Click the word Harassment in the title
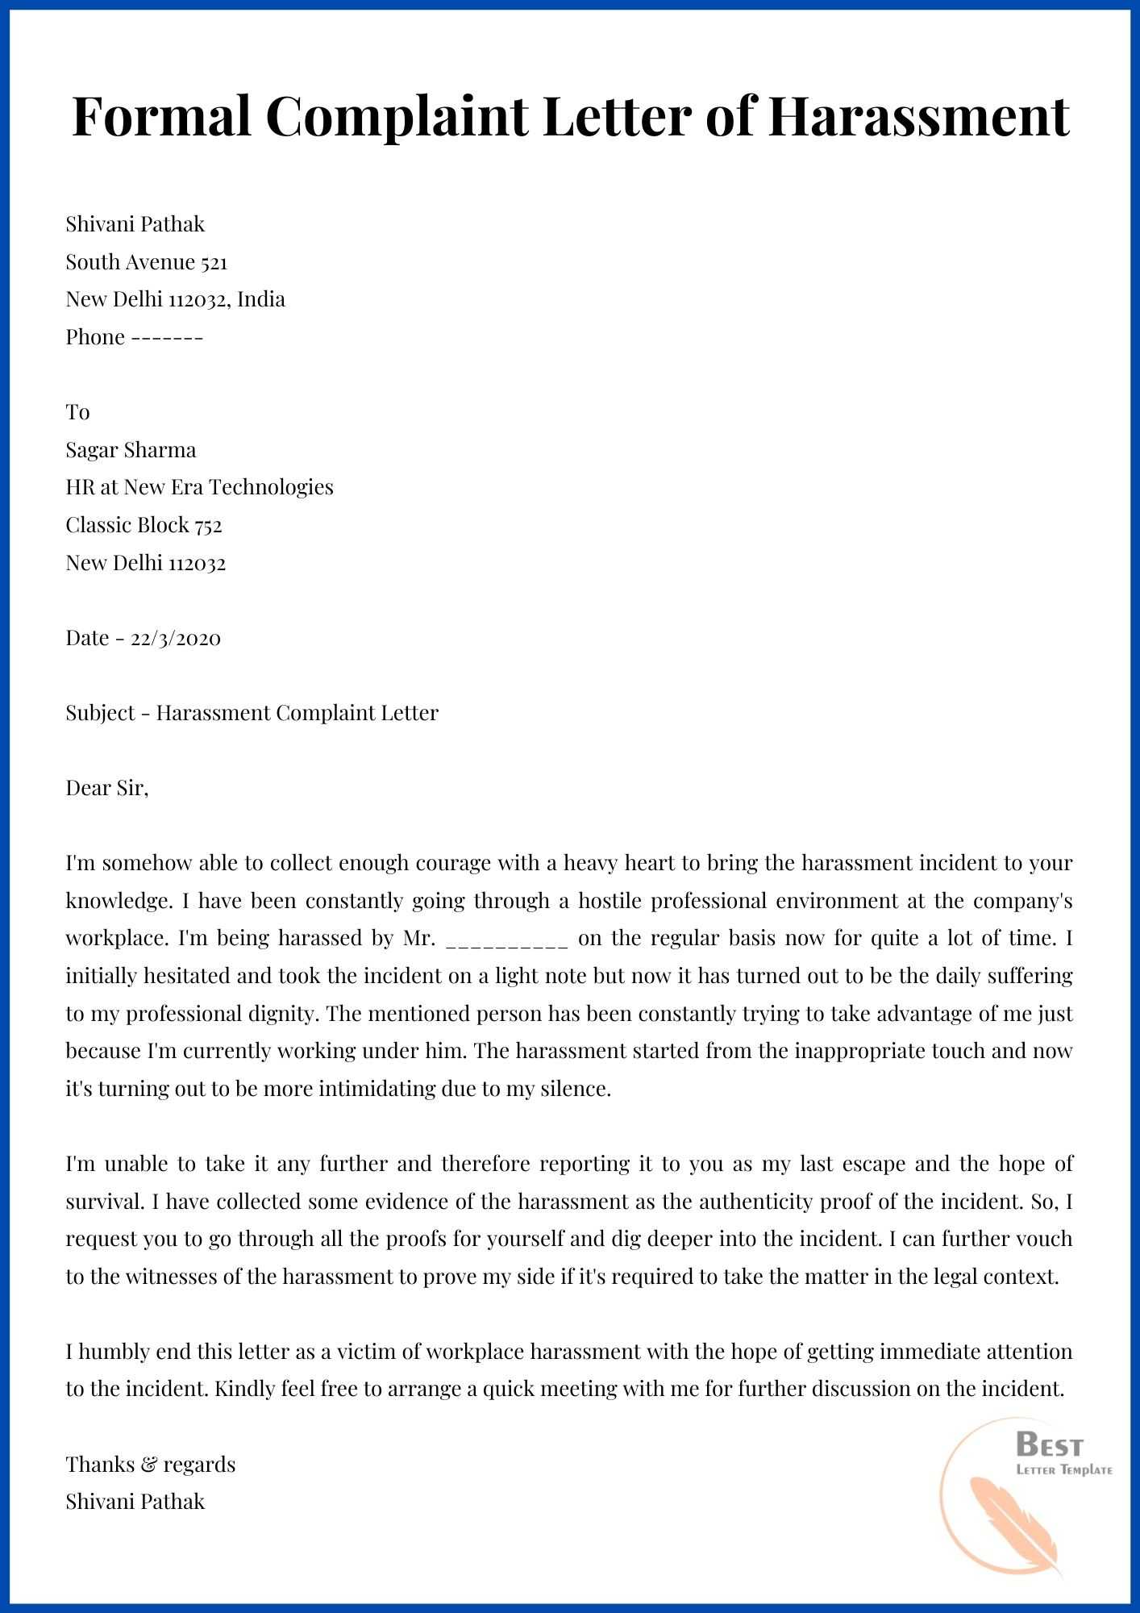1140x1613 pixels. pyautogui.click(x=917, y=115)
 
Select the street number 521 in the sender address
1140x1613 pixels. pyautogui.click(x=214, y=262)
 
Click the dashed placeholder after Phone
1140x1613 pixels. pyautogui.click(x=167, y=337)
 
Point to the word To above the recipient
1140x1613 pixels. pyautogui.click(x=77, y=412)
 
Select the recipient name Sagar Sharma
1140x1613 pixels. pyautogui.click(x=131, y=450)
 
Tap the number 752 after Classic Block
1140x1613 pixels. pyautogui.click(x=208, y=525)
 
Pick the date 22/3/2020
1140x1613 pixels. pyautogui.click(x=175, y=638)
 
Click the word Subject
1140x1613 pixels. pyautogui.click(x=101, y=713)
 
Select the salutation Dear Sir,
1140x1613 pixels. pyautogui.click(x=107, y=788)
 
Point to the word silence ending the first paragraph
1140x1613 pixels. pyautogui.click(x=577, y=1089)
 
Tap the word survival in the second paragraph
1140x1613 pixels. pyautogui.click(x=102, y=1202)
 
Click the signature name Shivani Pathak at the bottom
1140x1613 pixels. pyautogui.click(x=135, y=1502)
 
